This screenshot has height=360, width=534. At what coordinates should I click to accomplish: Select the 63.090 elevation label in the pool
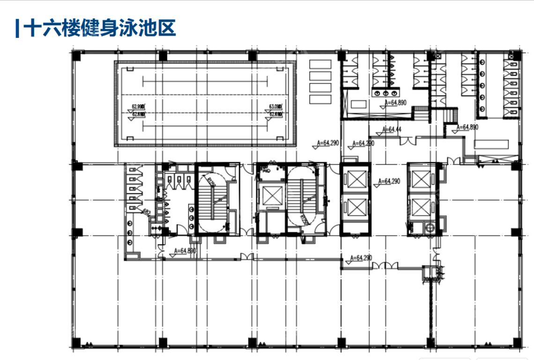[275, 106]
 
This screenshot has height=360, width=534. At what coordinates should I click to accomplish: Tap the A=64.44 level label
[392, 129]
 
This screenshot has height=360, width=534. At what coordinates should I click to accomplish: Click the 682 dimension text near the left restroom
[146, 212]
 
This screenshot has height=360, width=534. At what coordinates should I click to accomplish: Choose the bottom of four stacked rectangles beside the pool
[320, 99]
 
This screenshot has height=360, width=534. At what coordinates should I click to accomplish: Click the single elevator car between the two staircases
[274, 195]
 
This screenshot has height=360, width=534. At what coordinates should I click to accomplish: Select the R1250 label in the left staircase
[212, 182]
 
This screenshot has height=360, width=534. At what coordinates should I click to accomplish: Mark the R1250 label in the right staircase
[304, 218]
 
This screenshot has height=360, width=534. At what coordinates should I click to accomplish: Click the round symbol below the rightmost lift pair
[429, 227]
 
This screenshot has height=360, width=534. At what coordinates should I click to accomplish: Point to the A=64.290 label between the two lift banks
[388, 181]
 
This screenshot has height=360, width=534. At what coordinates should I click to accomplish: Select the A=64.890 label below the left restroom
[185, 251]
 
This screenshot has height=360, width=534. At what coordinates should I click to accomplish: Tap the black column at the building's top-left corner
[76, 56]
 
